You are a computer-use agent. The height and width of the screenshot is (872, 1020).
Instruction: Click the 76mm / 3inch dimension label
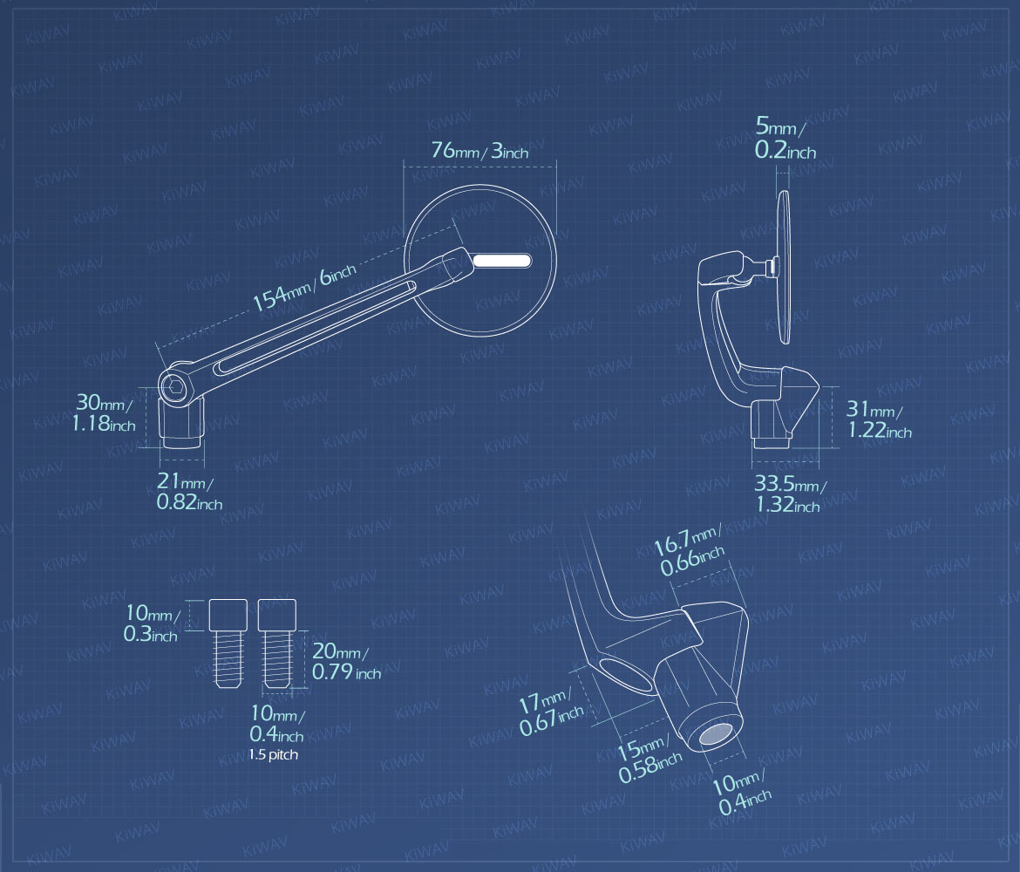[x=479, y=150]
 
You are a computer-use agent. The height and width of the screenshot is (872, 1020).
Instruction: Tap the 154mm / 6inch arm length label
[x=304, y=288]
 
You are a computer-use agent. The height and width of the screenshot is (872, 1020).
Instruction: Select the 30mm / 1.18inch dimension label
[x=104, y=412]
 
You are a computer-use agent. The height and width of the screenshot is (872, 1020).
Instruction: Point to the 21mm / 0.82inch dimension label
[x=188, y=491]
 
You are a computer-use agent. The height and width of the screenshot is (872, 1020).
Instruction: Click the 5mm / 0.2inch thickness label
[x=785, y=138]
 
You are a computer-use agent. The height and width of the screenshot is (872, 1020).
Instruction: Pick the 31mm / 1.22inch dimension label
[x=879, y=419]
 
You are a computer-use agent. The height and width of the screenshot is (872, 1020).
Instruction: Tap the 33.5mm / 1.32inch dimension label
[x=788, y=494]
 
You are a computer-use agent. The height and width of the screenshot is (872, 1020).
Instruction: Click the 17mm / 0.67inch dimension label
[x=550, y=711]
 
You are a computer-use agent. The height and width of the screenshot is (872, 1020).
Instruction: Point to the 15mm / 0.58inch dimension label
[x=649, y=759]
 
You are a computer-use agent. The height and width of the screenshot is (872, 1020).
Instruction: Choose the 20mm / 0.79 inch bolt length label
[x=346, y=661]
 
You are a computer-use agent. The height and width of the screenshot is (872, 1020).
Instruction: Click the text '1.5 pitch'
[x=273, y=755]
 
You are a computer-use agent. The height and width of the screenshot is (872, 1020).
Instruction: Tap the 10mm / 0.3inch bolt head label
[x=151, y=623]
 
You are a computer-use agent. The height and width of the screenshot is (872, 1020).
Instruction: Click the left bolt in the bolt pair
[x=228, y=644]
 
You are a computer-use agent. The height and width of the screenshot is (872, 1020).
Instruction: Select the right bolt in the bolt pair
[x=277, y=644]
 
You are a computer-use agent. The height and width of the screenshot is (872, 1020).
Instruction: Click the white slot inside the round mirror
[x=502, y=261]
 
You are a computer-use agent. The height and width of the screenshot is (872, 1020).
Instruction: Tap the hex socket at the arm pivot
[x=173, y=389]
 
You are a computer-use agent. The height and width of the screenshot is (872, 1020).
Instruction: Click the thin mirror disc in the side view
[x=784, y=267]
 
